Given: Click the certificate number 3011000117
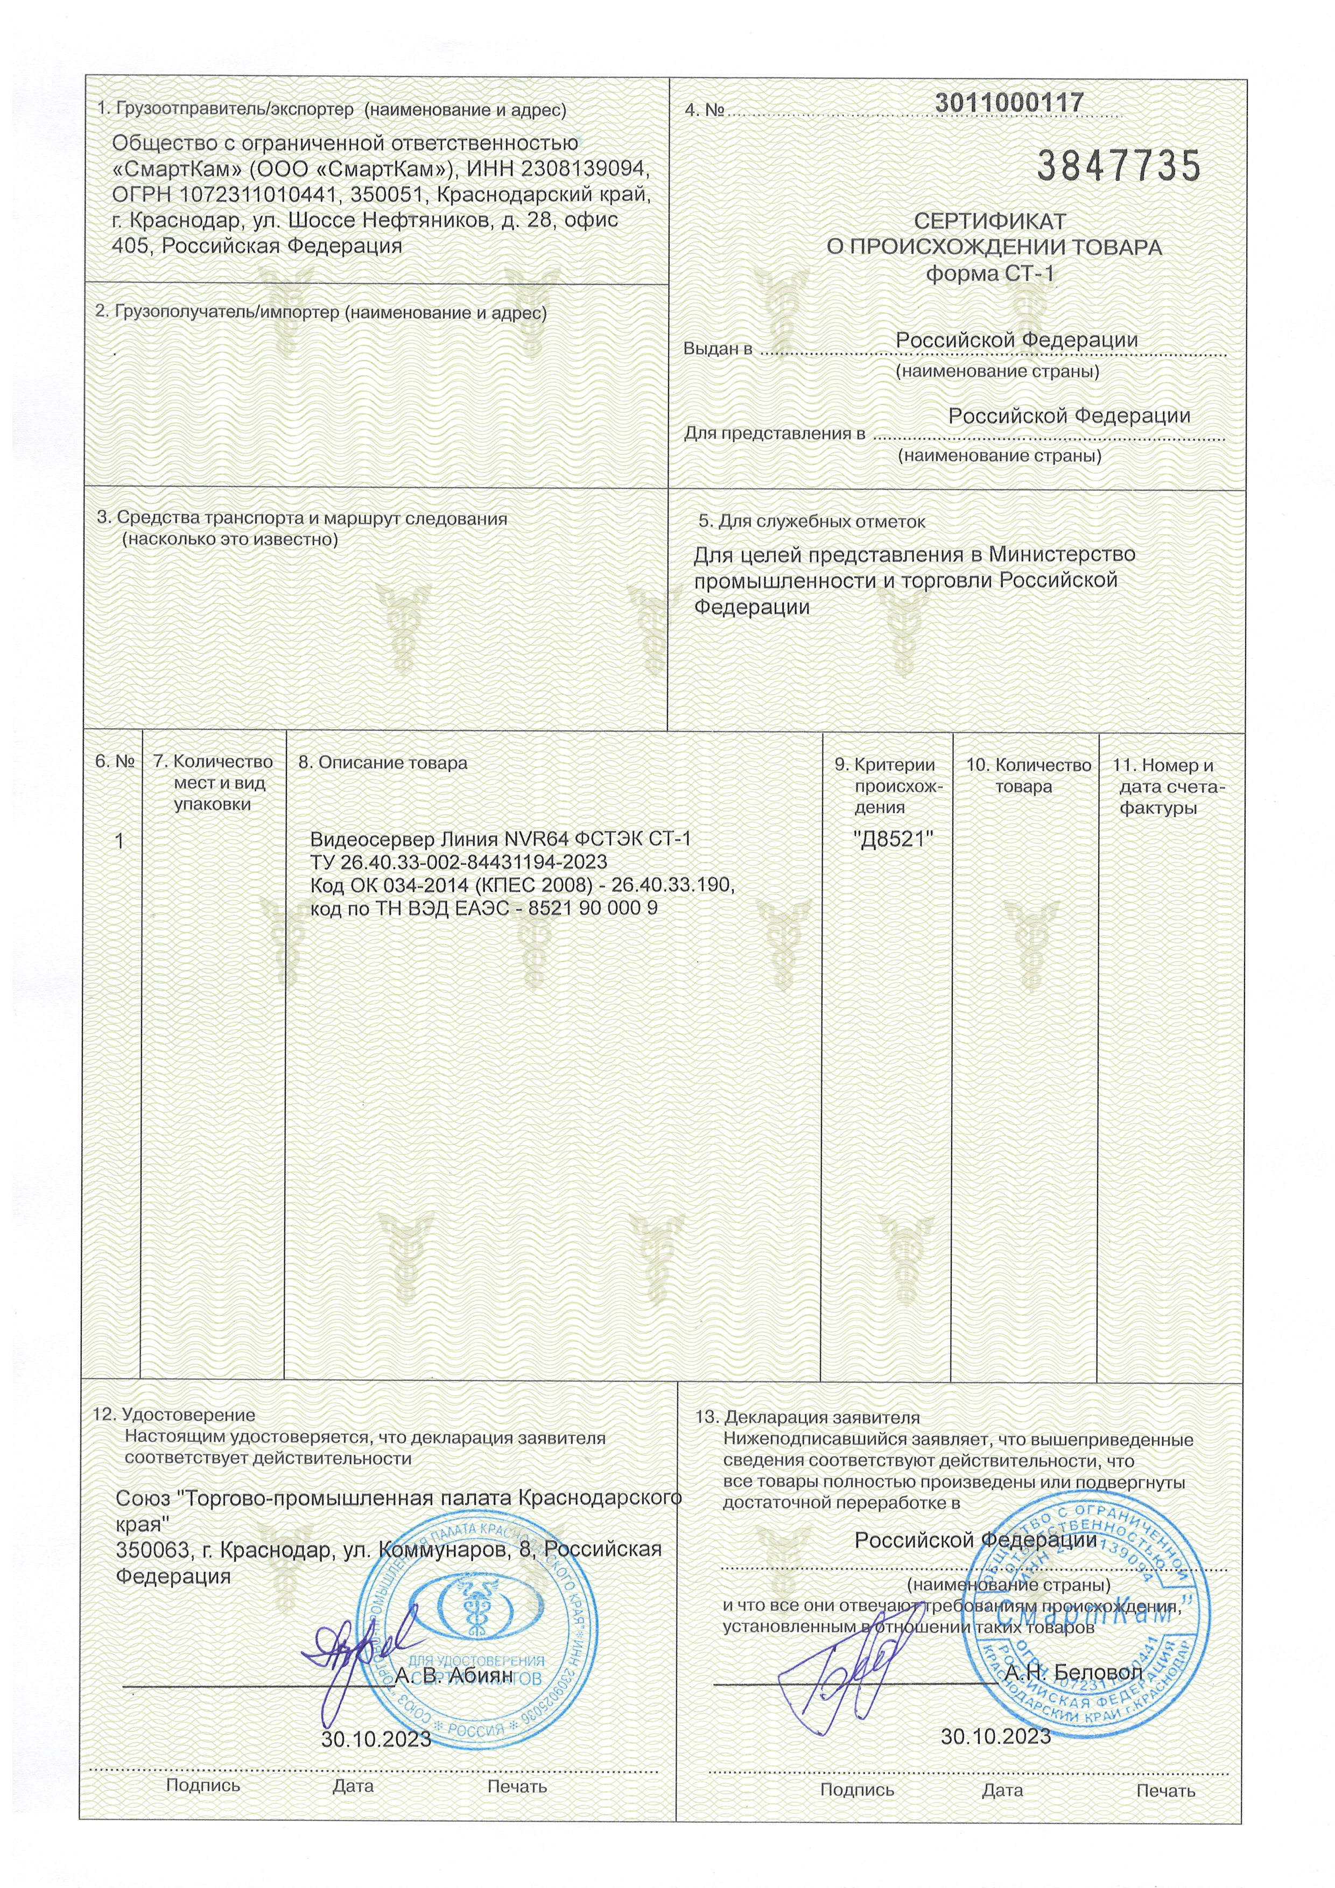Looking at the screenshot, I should [1009, 103].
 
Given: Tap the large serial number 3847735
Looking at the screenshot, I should [1119, 167].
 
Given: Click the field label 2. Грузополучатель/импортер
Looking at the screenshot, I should [321, 313].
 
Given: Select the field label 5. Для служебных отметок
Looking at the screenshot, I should [812, 522].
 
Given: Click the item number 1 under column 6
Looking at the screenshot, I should [120, 841].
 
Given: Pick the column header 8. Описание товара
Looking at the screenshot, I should [383, 762].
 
